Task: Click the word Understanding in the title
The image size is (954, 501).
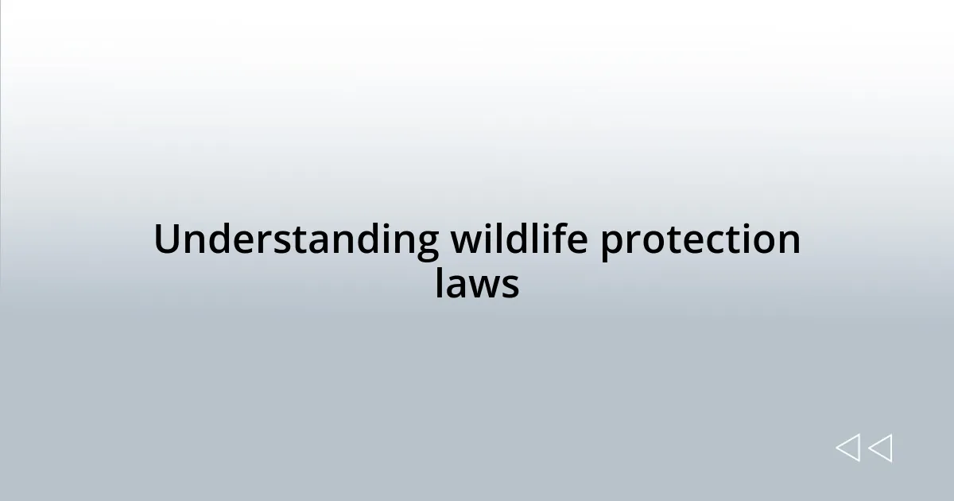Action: [x=296, y=240]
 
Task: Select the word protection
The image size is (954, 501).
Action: [x=700, y=242]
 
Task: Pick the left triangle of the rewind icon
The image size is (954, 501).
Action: [x=847, y=449]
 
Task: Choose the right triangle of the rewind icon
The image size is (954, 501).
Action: [x=880, y=449]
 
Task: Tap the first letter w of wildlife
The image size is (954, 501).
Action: [x=467, y=242]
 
